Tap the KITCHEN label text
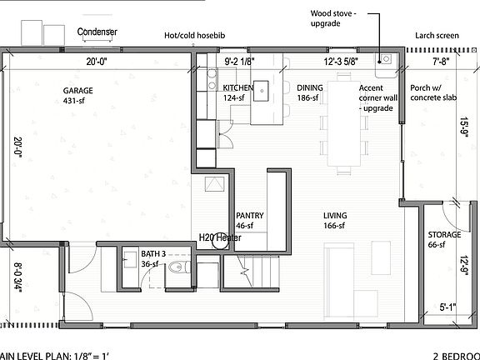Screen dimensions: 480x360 237,87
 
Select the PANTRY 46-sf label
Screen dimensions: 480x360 250,220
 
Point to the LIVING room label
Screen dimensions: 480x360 335,216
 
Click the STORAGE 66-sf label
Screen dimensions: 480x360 444,239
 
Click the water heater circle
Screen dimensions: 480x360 220,240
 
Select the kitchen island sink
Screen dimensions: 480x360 261,91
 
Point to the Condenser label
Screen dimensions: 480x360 97,32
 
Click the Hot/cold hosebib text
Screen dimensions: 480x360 195,36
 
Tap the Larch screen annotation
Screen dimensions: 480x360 437,36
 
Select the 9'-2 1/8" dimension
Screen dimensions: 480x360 239,62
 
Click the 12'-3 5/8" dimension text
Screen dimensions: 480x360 341,62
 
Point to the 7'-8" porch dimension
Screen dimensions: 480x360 441,62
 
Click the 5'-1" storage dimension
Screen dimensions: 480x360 447,307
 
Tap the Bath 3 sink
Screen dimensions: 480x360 130,260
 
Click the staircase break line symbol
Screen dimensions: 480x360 246,271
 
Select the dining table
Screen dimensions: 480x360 343,123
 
